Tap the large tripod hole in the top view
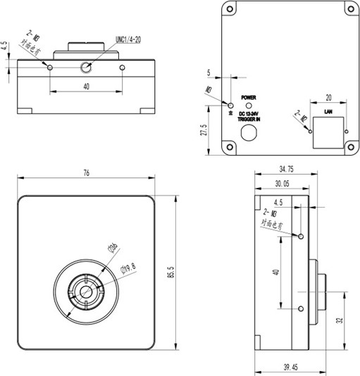[x=87, y=68]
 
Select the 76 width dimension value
[x=85, y=173]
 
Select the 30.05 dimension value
[x=281, y=182]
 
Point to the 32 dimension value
[x=340, y=320]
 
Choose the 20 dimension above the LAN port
[x=328, y=98]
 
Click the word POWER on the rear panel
[x=248, y=96]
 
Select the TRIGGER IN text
[x=248, y=120]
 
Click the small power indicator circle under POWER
[x=248, y=105]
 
